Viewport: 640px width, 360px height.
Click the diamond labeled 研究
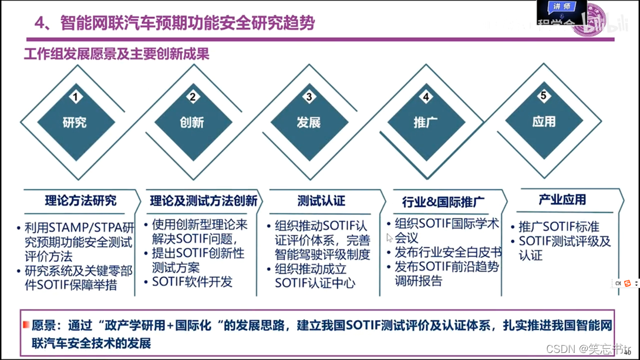(75, 123)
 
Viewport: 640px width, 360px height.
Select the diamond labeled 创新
(192, 123)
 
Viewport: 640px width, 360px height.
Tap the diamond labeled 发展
(309, 123)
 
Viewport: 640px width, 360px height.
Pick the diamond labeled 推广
(426, 123)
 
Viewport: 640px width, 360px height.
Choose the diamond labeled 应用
(544, 122)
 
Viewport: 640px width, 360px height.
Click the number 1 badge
(75, 96)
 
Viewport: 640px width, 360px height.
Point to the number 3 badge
(309, 96)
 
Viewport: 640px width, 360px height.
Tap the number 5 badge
(544, 95)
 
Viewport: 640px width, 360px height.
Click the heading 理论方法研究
(80, 200)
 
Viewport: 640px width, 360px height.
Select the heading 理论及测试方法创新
(203, 201)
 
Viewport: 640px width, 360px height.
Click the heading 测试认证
(321, 201)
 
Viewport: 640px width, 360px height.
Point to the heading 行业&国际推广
(443, 203)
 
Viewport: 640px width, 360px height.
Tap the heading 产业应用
(562, 200)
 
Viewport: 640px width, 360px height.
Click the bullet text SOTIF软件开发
(192, 282)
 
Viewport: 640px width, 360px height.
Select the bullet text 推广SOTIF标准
(558, 227)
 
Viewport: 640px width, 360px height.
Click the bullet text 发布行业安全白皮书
(448, 253)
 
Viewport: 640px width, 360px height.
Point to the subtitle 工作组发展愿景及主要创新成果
(117, 55)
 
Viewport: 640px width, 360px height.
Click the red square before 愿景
(26, 325)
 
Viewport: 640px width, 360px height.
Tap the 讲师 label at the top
(561, 6)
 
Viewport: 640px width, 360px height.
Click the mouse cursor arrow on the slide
(389, 238)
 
